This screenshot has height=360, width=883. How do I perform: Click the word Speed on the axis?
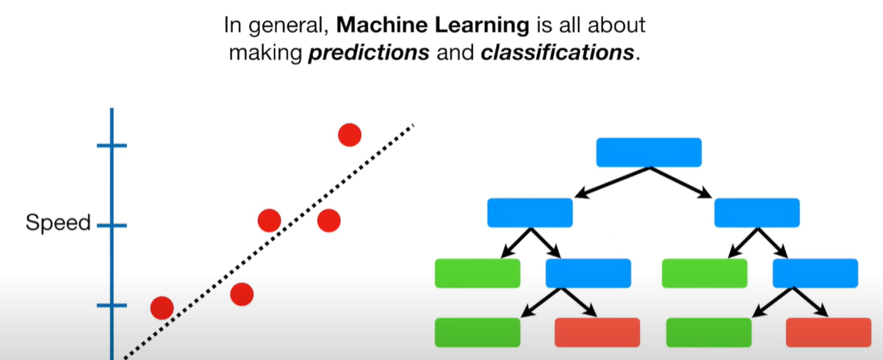[x=58, y=223]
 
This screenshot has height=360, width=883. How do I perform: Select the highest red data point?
[x=350, y=134]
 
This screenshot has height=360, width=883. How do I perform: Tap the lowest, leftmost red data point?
[x=162, y=307]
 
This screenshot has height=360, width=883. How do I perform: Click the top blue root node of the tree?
[x=649, y=152]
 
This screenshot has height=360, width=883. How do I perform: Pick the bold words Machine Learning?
[x=433, y=26]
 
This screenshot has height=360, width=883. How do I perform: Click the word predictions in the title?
[x=369, y=54]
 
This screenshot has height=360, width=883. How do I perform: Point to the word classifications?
[x=556, y=54]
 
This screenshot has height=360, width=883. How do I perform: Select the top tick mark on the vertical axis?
[x=112, y=145]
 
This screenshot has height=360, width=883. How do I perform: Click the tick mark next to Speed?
[x=112, y=225]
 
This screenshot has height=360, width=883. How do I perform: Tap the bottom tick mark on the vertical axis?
[x=112, y=304]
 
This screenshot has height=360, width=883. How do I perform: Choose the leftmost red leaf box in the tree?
[x=597, y=332]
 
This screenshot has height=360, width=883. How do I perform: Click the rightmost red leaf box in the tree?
[x=829, y=332]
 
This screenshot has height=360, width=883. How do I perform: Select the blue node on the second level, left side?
[x=530, y=212]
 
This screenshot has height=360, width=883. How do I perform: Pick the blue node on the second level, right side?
[x=757, y=212]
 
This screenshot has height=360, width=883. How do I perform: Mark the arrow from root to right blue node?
[x=682, y=182]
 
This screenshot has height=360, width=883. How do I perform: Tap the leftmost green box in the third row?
[x=477, y=273]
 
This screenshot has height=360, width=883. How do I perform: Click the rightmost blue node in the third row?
[x=815, y=273]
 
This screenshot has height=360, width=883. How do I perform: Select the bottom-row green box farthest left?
[x=477, y=332]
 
